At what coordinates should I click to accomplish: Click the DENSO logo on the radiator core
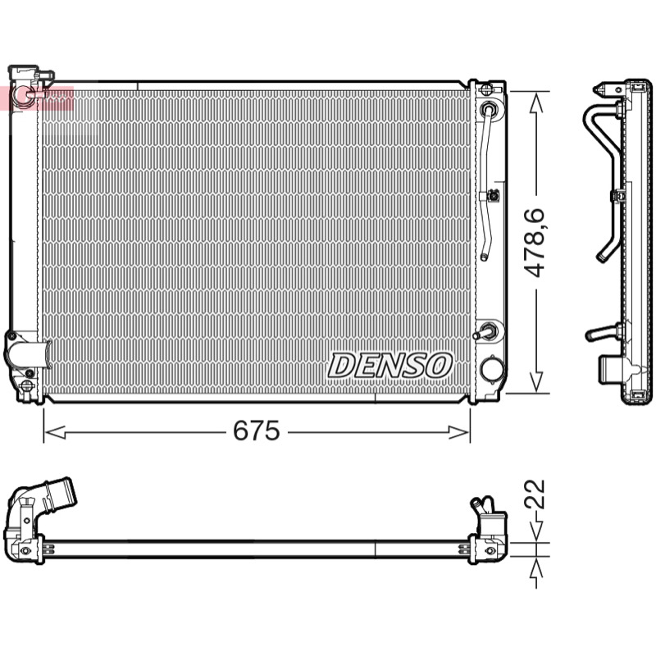point(390,365)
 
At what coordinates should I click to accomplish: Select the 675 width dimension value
point(257,430)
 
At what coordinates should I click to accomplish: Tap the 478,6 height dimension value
point(535,243)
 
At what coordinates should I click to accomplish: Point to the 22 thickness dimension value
point(535,494)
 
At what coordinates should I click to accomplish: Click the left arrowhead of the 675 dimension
point(55,432)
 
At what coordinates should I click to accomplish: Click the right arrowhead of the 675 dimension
point(459,432)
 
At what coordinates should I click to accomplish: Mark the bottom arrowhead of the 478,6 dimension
point(536,381)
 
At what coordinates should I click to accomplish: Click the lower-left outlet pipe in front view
point(28,355)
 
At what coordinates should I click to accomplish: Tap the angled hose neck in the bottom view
point(53,497)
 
